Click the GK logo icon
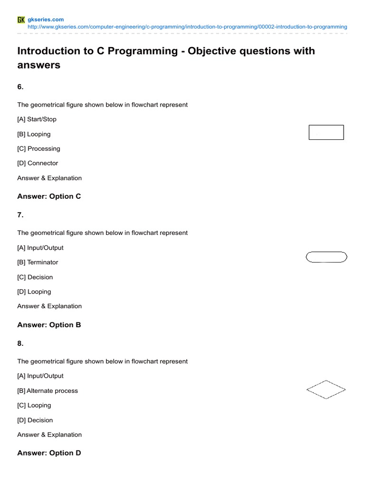tap(21, 19)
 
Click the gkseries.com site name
tap(46, 19)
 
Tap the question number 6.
tap(20, 87)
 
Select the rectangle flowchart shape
tap(326, 132)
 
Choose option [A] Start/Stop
tap(37, 119)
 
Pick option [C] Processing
tap(38, 148)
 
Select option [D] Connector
tap(38, 163)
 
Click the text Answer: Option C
tap(49, 196)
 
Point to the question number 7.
tap(20, 215)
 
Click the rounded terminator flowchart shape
tap(326, 257)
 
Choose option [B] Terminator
tap(38, 262)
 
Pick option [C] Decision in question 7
tap(35, 277)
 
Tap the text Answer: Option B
tap(49, 325)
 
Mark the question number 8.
tap(20, 343)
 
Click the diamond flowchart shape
tap(326, 390)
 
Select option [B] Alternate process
tap(48, 390)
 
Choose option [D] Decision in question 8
tap(35, 420)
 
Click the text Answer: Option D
tap(49, 453)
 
